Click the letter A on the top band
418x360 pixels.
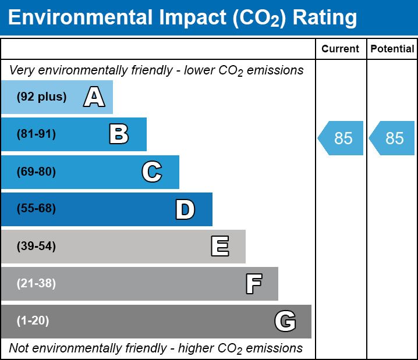point(94,97)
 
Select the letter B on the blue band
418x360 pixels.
point(119,134)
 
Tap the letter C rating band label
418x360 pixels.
point(151,172)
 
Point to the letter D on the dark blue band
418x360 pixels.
point(185,209)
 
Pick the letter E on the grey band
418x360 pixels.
point(219,247)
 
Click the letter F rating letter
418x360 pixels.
point(253,284)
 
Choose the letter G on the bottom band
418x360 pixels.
point(285,321)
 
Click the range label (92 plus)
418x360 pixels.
point(41,97)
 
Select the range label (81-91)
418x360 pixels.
point(36,134)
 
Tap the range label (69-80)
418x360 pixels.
point(36,172)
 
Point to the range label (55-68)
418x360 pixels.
point(36,209)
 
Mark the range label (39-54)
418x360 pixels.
point(36,247)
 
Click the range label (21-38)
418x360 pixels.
point(36,284)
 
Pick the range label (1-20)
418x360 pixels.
point(33,321)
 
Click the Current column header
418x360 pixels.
point(341,49)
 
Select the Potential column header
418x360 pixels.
point(392,49)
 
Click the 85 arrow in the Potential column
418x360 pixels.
point(393,138)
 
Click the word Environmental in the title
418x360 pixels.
point(79,18)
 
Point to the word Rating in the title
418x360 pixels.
point(325,18)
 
